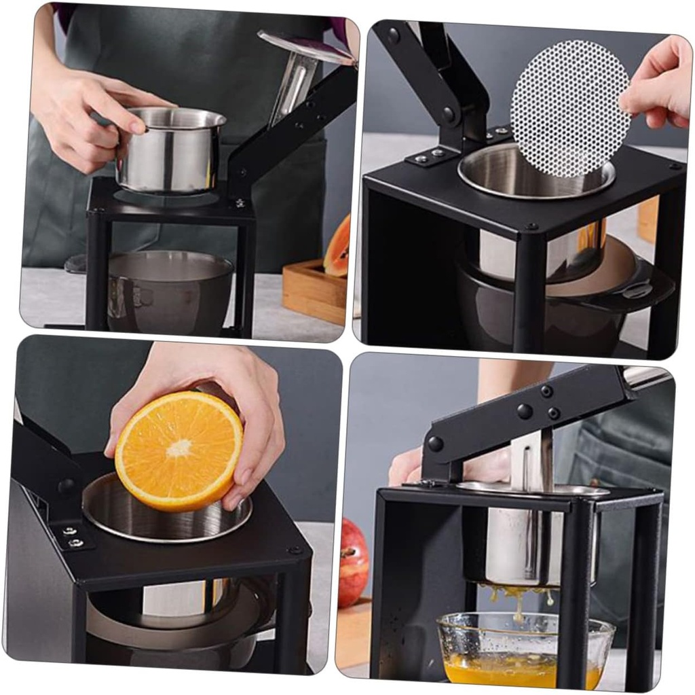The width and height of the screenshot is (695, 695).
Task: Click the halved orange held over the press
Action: pos(179,450)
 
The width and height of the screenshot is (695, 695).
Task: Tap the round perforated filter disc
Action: pos(570,109)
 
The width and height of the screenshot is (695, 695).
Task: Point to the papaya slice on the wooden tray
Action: pos(338,247)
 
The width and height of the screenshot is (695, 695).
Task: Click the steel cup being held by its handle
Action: pos(170,149)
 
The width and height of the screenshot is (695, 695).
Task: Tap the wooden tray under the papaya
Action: pos(314,293)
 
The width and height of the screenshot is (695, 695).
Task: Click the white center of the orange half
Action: pos(179,448)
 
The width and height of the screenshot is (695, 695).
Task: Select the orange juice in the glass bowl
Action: pos(523,669)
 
